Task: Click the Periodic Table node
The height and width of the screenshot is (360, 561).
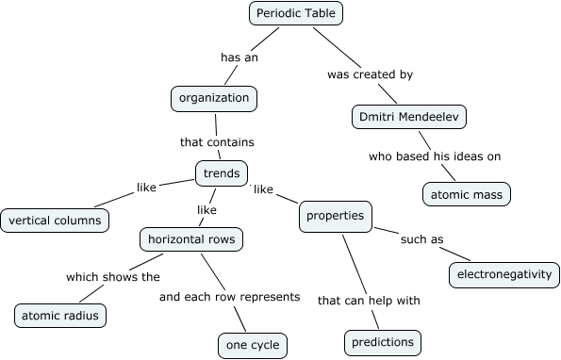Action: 296,13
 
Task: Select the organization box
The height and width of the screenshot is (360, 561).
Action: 215,97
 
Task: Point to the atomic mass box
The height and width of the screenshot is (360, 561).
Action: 466,194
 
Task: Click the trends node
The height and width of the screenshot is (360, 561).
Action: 221,173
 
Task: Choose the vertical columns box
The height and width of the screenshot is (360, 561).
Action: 55,221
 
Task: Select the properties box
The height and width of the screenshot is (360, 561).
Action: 335,217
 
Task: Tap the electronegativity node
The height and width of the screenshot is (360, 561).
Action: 503,274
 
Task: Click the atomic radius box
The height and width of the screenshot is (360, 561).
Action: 60,315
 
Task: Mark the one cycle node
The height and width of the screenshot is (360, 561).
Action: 252,346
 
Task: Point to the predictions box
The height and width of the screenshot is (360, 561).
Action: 382,341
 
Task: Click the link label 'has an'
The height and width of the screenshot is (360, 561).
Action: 239,57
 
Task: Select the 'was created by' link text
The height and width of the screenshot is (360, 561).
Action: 370,73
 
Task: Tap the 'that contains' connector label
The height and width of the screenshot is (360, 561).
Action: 217,142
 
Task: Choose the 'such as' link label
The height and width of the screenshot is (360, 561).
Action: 421,239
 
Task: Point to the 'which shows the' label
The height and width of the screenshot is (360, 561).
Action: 112,277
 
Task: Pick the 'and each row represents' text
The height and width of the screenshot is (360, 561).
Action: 229,297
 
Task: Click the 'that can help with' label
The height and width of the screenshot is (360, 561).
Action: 369,301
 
